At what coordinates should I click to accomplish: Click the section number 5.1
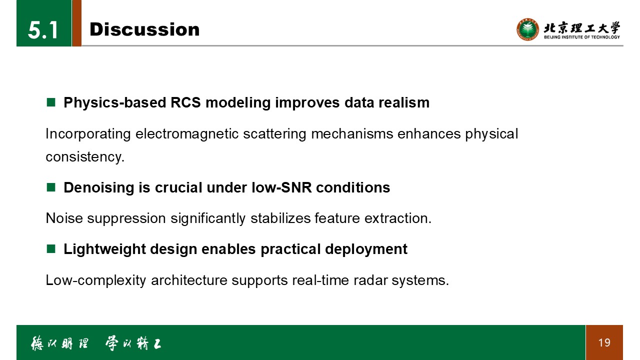coord(43,30)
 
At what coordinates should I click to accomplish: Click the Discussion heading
coord(144,29)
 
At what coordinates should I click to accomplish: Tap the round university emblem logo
coord(527,29)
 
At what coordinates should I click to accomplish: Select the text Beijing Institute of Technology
coord(582,37)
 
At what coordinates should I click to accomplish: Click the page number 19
coord(604,342)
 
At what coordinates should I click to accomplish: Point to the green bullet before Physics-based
coord(51,102)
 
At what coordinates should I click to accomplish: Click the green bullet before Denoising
coord(51,187)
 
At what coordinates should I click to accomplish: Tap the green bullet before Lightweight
coord(51,249)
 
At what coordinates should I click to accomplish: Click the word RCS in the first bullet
coord(185,102)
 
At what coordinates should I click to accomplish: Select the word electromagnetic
coord(187,133)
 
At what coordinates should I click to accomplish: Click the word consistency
coord(85,157)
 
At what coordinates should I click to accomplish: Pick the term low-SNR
coord(281,187)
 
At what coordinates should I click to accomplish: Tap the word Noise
coord(64,218)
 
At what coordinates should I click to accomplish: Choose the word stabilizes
coord(280,218)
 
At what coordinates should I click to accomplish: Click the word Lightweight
coord(104,249)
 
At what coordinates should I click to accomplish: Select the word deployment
coord(366,249)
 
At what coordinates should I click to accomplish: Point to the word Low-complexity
coord(96,280)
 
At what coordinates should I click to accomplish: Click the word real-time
coord(320,280)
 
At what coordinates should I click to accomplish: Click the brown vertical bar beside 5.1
coord(77,23)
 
